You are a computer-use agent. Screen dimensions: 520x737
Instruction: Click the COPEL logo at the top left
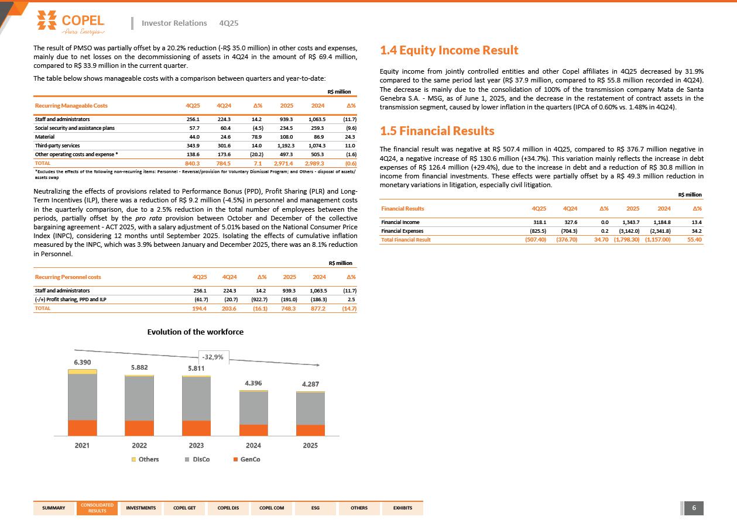[x=70, y=22]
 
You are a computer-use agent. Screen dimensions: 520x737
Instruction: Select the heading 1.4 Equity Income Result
[x=449, y=51]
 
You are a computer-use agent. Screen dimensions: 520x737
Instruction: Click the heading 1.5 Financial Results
[x=437, y=130]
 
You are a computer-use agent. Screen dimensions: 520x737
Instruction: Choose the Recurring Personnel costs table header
[x=68, y=277]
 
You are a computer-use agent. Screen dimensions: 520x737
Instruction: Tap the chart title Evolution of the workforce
[x=195, y=332]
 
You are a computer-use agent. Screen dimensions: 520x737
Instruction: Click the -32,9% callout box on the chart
[x=212, y=357]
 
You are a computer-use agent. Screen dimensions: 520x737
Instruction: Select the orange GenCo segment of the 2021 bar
[x=83, y=428]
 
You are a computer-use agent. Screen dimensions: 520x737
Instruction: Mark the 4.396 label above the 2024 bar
[x=253, y=383]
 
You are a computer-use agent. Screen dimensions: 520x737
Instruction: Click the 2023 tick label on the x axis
[x=196, y=446]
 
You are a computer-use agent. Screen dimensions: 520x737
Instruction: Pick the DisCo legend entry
[x=197, y=459]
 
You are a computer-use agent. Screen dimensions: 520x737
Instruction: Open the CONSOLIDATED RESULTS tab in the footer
[x=97, y=508]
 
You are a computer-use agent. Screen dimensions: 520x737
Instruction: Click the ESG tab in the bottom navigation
[x=316, y=508]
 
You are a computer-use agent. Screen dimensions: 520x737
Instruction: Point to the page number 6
[x=694, y=508]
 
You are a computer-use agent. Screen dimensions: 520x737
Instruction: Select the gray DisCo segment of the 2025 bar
[x=310, y=408]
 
